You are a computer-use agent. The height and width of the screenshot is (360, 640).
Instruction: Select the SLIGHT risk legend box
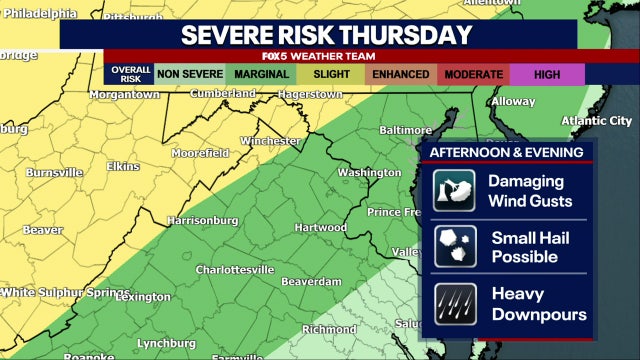click(x=330, y=74)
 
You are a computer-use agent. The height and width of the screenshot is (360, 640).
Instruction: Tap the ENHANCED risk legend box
click(x=400, y=74)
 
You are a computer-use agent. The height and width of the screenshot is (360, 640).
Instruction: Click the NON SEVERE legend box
click(x=190, y=74)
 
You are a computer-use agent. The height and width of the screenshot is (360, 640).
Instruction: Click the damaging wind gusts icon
click(x=453, y=191)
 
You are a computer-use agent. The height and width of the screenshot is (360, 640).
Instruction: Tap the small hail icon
click(x=453, y=246)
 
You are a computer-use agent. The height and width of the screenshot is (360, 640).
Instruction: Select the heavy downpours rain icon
click(x=453, y=303)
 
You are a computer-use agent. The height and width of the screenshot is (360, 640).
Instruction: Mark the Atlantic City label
click(x=597, y=120)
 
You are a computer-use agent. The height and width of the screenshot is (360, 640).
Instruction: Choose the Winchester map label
click(x=271, y=141)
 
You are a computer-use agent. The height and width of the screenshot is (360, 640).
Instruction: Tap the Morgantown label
click(x=124, y=94)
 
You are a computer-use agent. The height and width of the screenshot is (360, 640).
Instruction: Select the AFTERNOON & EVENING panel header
click(x=506, y=152)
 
